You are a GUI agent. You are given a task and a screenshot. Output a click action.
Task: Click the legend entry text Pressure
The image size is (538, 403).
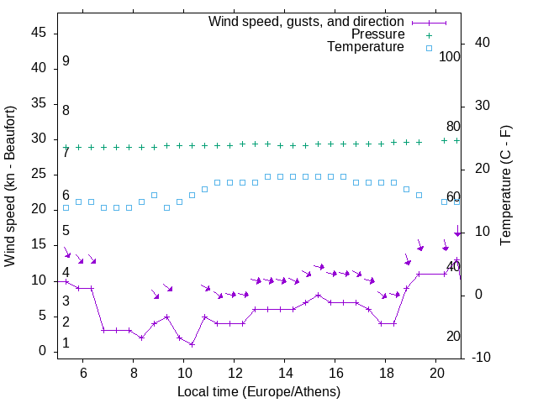[x=378, y=34]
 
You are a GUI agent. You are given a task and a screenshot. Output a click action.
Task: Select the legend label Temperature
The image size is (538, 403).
[x=366, y=47]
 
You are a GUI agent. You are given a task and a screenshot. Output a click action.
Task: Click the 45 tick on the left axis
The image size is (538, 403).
[x=39, y=32]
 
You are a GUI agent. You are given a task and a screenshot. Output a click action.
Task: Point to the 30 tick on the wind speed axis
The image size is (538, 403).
[x=39, y=139]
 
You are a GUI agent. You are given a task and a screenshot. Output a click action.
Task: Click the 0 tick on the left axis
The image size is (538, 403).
[x=43, y=351]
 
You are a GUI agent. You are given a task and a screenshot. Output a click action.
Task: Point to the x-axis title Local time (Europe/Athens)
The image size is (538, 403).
[x=259, y=391]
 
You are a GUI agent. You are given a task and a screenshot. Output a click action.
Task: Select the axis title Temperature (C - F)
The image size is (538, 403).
[x=505, y=186]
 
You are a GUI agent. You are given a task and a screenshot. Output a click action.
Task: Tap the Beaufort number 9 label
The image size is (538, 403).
[x=66, y=61]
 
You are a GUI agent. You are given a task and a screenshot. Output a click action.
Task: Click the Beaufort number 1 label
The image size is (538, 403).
[x=66, y=343]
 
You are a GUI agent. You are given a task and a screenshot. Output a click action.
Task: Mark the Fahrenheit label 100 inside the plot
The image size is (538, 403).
[x=450, y=57]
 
